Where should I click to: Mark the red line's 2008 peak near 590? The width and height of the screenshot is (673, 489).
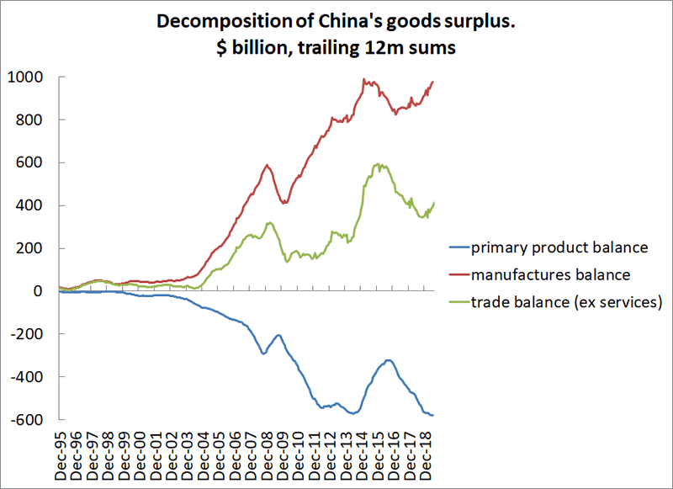[267, 165]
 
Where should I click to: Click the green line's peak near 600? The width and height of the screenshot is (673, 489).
[379, 164]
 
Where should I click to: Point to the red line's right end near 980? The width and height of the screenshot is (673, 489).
[433, 82]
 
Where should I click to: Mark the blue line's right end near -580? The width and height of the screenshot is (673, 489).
[433, 415]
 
